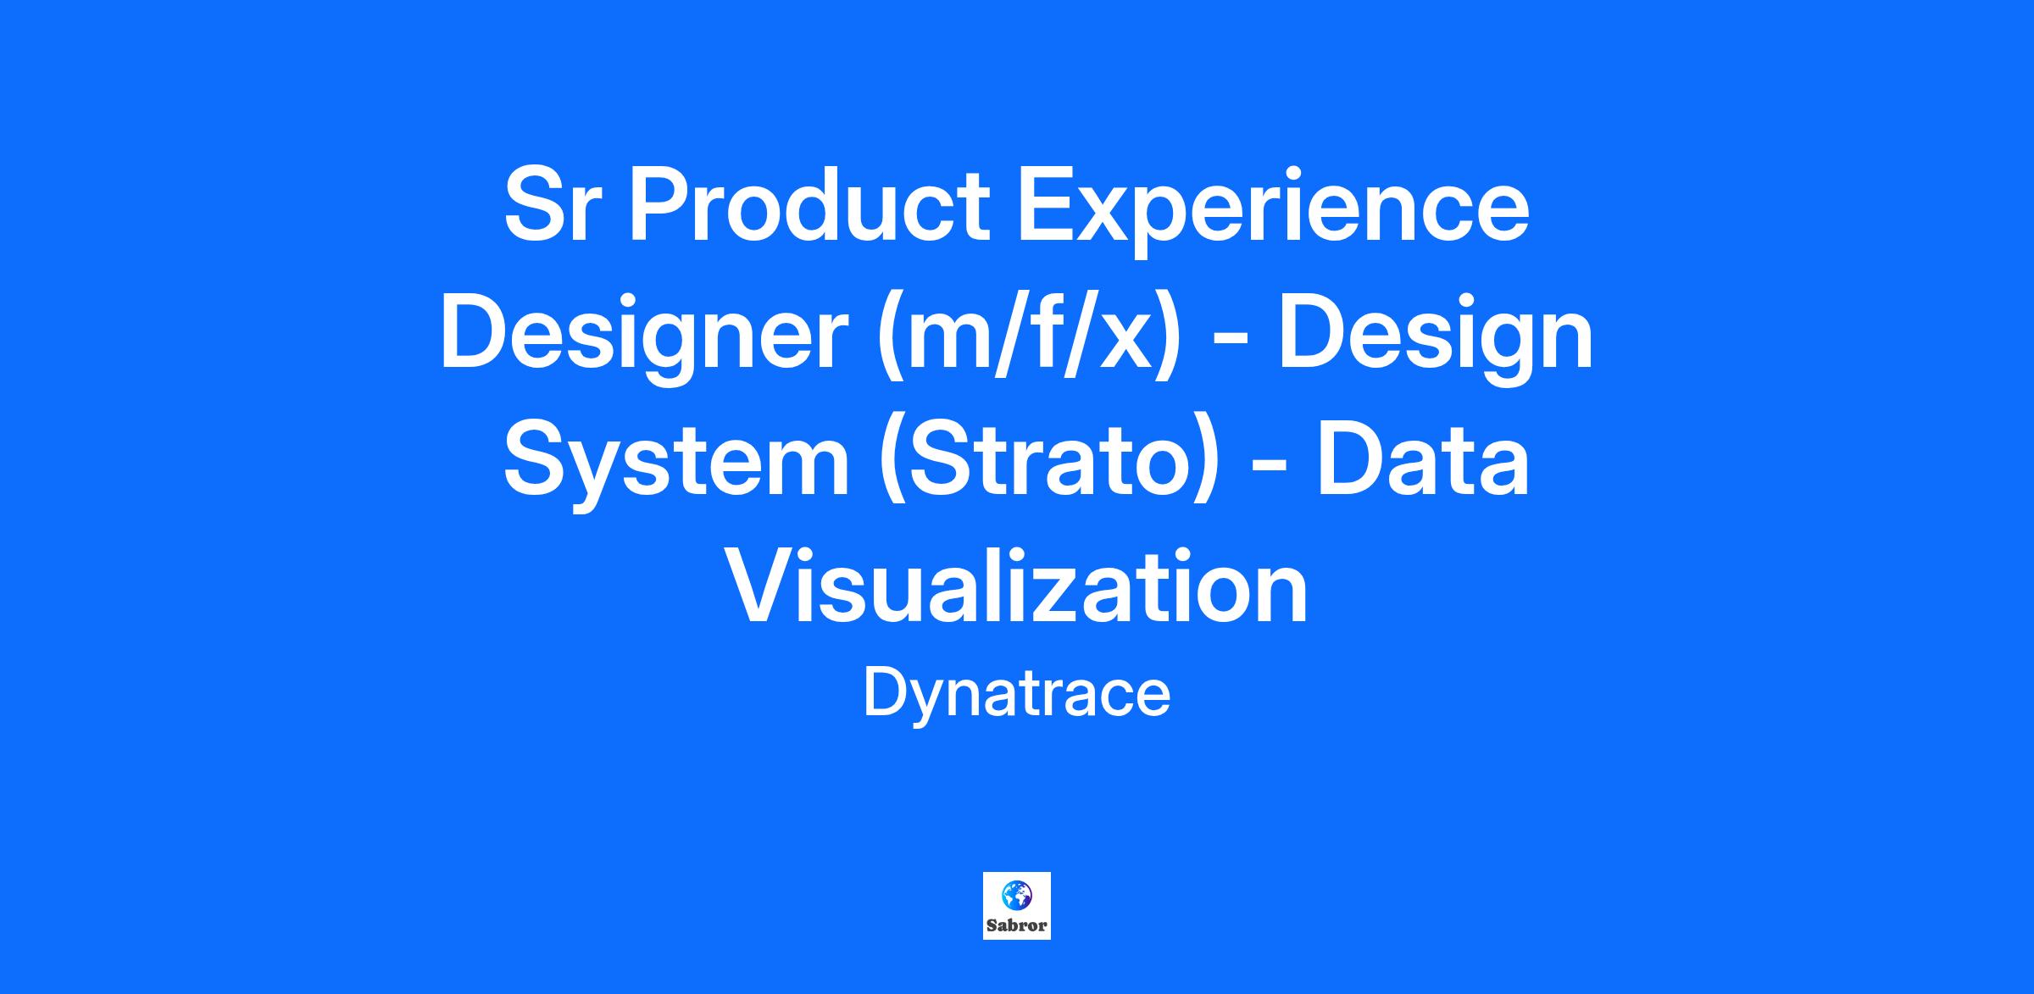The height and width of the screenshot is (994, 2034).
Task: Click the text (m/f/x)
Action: click(x=1029, y=337)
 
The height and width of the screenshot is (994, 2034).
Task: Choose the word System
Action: click(x=676, y=465)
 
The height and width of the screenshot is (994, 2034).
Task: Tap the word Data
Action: click(x=1424, y=460)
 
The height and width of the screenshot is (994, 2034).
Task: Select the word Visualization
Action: click(x=1016, y=586)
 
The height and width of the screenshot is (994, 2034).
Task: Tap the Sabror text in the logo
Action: click(x=1016, y=925)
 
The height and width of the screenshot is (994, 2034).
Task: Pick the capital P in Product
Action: click(x=660, y=206)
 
